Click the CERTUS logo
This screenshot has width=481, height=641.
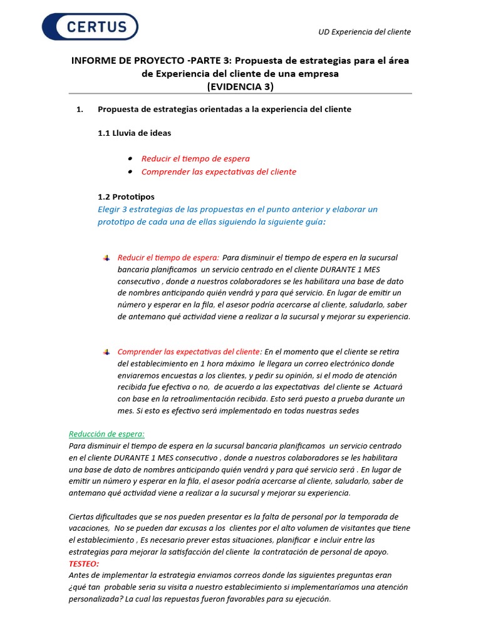90,26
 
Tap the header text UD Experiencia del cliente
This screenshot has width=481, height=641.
365,32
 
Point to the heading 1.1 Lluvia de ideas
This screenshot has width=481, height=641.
134,133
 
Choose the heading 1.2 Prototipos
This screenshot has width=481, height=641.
126,197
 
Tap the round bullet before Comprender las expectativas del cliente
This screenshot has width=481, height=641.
130,172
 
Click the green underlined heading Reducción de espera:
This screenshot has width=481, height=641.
106,434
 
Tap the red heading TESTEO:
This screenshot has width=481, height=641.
84,563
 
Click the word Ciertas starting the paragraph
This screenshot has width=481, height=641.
82,516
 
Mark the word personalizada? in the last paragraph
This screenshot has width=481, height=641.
96,598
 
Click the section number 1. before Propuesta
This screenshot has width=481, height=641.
79,110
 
